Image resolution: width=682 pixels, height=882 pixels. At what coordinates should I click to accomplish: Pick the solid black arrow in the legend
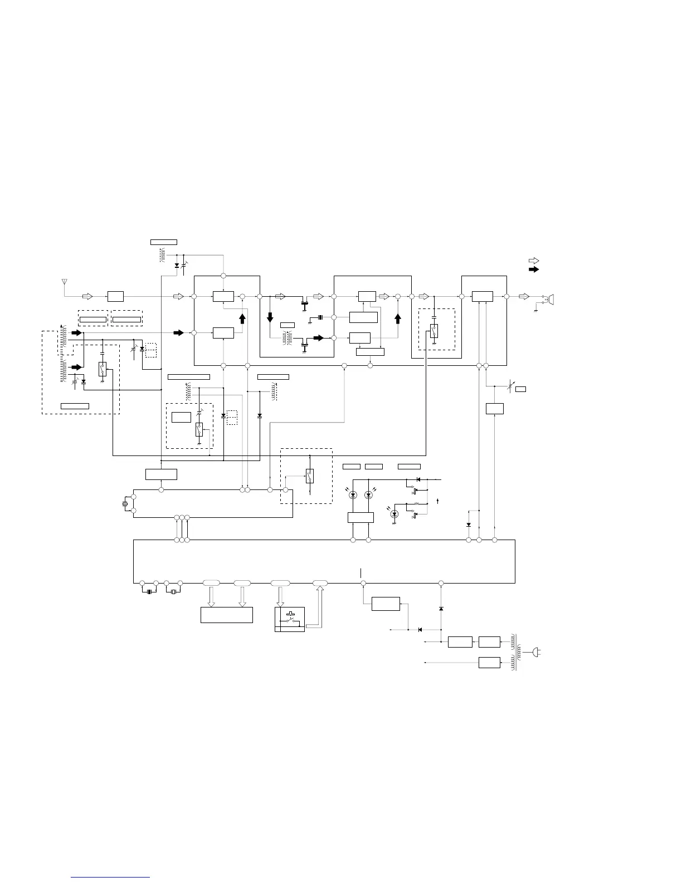click(x=534, y=269)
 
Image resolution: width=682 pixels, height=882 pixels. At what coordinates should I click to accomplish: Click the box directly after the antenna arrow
click(x=115, y=296)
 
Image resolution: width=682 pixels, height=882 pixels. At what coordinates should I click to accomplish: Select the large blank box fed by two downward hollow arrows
click(x=226, y=615)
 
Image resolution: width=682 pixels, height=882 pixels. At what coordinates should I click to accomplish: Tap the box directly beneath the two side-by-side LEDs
click(x=360, y=517)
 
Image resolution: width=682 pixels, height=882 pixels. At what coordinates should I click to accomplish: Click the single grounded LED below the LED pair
click(x=394, y=513)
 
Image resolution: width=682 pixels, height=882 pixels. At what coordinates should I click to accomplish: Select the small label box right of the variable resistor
click(x=520, y=388)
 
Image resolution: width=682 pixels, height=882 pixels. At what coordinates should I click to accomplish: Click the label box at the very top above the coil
click(x=164, y=242)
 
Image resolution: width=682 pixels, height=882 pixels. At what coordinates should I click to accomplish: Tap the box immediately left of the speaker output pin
click(x=482, y=296)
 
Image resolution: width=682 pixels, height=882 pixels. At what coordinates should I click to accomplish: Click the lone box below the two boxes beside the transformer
click(x=489, y=663)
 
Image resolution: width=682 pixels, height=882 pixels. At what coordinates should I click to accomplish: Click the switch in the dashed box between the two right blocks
click(x=433, y=331)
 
